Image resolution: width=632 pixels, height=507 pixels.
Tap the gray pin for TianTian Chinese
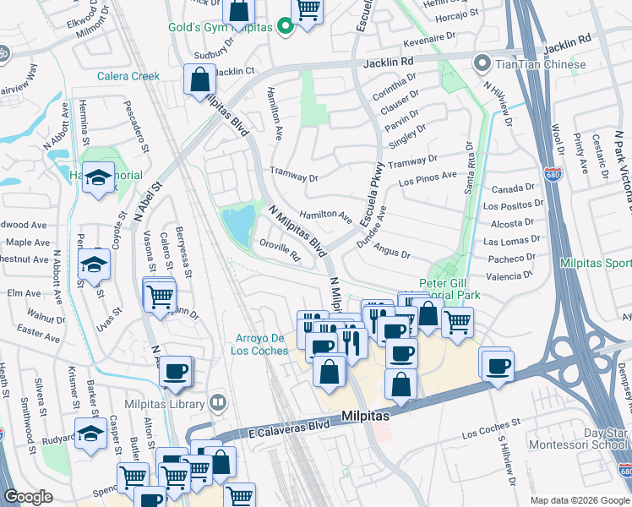pyautogui.click(x=482, y=64)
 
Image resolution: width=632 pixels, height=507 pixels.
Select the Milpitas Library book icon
pyautogui.click(x=218, y=401)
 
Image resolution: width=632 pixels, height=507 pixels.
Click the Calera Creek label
pyautogui.click(x=133, y=76)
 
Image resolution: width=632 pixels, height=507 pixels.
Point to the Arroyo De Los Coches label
pyautogui.click(x=263, y=346)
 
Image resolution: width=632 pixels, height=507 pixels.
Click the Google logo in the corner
pyautogui.click(x=29, y=497)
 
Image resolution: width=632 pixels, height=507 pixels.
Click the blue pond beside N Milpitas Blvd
pyautogui.click(x=238, y=224)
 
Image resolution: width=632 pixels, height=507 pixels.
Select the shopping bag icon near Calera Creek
pyautogui.click(x=199, y=81)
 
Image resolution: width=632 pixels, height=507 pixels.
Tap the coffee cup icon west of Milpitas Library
pyautogui.click(x=175, y=372)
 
